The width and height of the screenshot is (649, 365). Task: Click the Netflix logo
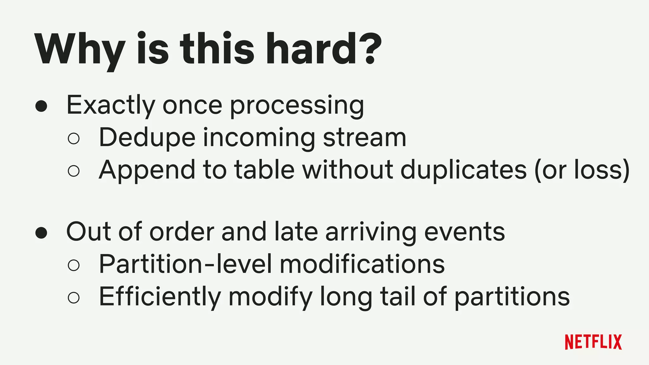[x=593, y=342]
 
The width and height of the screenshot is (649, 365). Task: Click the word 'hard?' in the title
[x=323, y=49]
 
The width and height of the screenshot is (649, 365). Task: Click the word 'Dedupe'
[x=147, y=138]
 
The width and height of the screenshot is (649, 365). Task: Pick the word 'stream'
[x=364, y=138]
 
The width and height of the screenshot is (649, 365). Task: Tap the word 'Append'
[x=147, y=170]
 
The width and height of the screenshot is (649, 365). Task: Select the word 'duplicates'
[x=464, y=170]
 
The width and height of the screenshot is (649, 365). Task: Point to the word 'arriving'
[x=371, y=232]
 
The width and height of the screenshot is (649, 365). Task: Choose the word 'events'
[x=465, y=232]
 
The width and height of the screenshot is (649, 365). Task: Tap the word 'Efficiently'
[x=160, y=297]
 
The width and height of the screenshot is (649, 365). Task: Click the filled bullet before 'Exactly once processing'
[x=42, y=106]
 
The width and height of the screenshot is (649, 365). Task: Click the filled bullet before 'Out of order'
[x=42, y=233]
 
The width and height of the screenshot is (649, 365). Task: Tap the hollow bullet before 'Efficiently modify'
[x=74, y=297]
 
